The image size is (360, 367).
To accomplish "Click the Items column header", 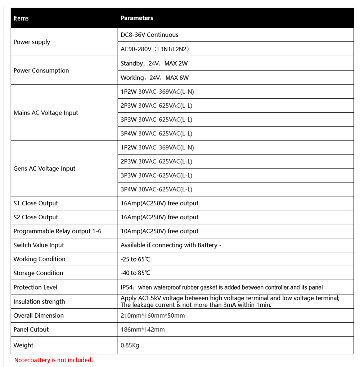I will (x=21, y=18).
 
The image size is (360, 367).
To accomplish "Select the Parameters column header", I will (x=137, y=18).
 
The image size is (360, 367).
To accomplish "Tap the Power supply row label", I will (x=32, y=42).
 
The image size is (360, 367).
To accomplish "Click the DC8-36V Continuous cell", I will (x=149, y=35).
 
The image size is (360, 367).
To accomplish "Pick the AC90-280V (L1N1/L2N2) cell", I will (x=155, y=49).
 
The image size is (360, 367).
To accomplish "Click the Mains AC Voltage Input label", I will (x=46, y=113).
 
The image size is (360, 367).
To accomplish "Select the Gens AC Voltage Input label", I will (x=44, y=169).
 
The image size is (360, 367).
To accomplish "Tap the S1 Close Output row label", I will (x=36, y=203).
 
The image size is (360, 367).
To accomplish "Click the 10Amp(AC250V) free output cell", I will (x=159, y=231).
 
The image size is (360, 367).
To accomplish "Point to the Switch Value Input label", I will (x=39, y=245).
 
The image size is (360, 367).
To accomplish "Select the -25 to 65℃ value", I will (x=135, y=259).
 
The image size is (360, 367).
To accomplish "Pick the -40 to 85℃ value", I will (x=135, y=273).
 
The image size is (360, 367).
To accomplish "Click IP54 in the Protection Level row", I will (x=127, y=287).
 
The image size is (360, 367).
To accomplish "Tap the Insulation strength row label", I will (x=39, y=302).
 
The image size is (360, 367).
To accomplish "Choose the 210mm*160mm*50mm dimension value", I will (x=153, y=316).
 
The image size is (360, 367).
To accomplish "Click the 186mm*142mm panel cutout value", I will (x=143, y=330).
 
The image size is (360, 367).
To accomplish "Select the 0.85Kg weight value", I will (x=130, y=345).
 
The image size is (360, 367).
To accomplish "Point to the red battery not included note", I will (x=54, y=360).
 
